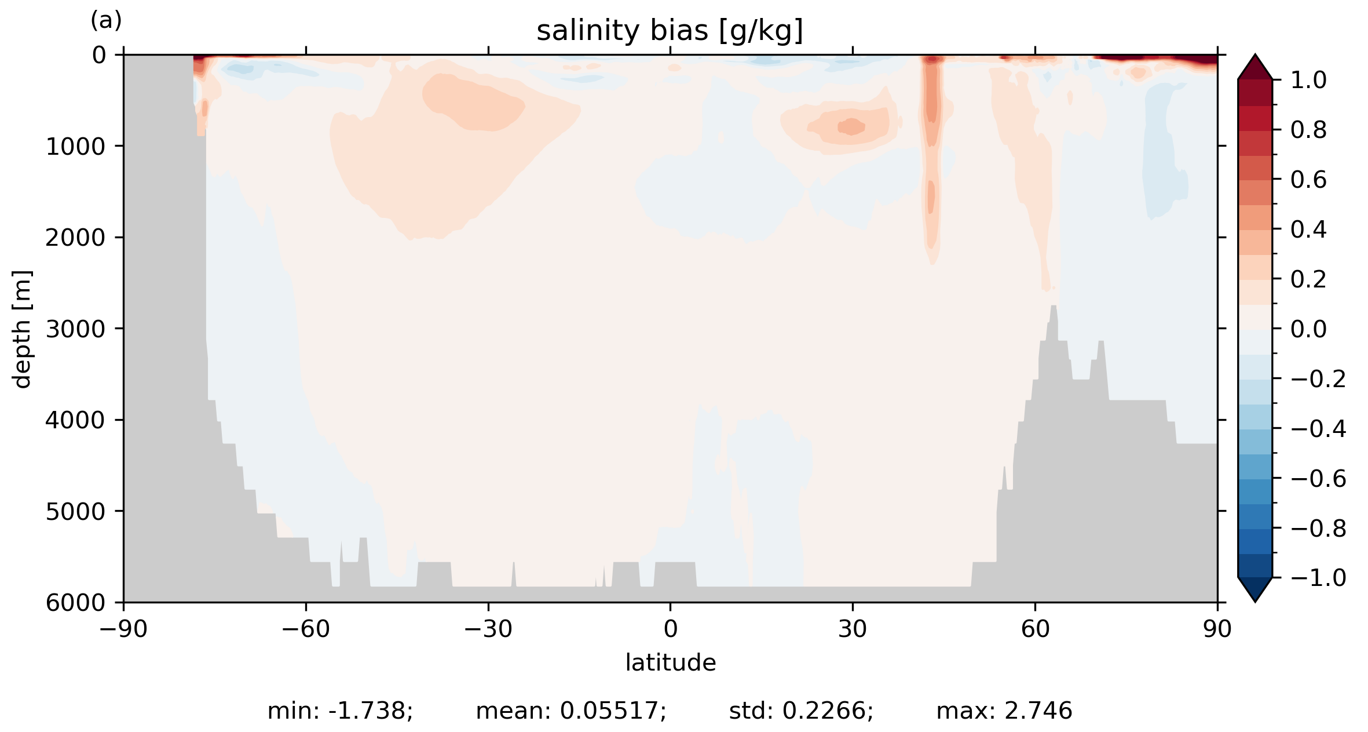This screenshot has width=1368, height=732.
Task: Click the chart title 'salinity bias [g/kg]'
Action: click(670, 31)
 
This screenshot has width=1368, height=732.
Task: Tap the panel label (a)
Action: click(106, 21)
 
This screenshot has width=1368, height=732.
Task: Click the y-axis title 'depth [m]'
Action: click(22, 329)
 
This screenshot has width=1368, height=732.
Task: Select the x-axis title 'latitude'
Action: click(670, 662)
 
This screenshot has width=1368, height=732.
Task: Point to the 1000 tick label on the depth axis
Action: click(75, 147)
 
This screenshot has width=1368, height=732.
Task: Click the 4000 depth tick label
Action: click(75, 420)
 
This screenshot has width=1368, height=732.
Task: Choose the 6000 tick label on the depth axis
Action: click(75, 603)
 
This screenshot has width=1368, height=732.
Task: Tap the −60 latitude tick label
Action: click(305, 629)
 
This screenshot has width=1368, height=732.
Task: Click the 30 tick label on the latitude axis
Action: click(853, 629)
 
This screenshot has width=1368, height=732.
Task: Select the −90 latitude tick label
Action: click(123, 629)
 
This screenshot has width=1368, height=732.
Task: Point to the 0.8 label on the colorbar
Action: click(1308, 130)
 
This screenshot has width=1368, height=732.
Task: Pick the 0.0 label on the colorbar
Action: click(1308, 329)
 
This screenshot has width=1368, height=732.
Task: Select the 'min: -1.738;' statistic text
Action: click(340, 711)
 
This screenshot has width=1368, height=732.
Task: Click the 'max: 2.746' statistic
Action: click(1004, 711)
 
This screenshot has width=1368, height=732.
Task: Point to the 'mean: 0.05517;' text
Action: click(571, 711)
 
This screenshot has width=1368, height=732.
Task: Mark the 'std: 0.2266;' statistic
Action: click(801, 711)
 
